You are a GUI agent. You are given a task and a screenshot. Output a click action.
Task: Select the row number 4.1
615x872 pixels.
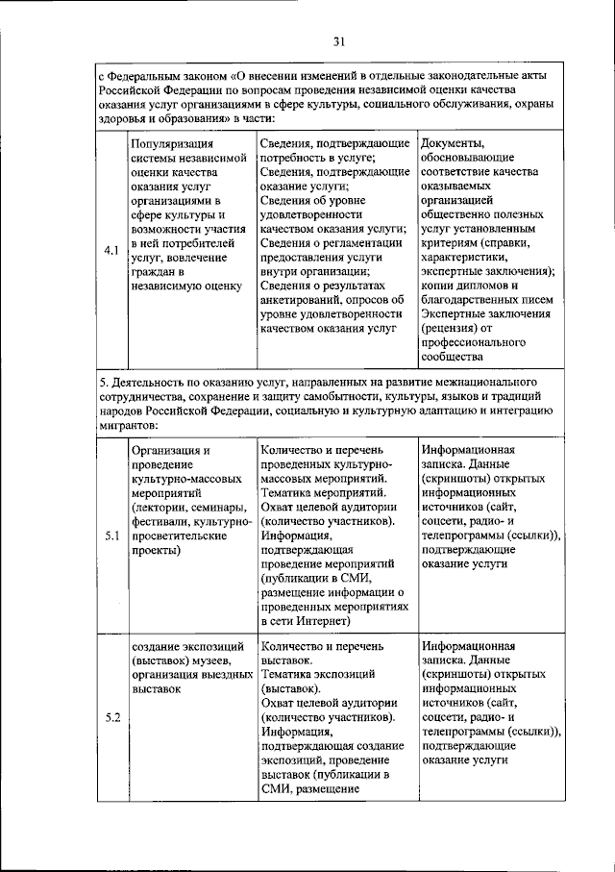pos(111,252)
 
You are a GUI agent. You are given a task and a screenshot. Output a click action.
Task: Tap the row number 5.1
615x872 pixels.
pos(111,536)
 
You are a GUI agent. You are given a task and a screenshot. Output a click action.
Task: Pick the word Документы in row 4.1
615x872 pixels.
pos(452,144)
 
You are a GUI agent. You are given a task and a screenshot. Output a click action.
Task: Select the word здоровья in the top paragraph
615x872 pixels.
pos(126,117)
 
